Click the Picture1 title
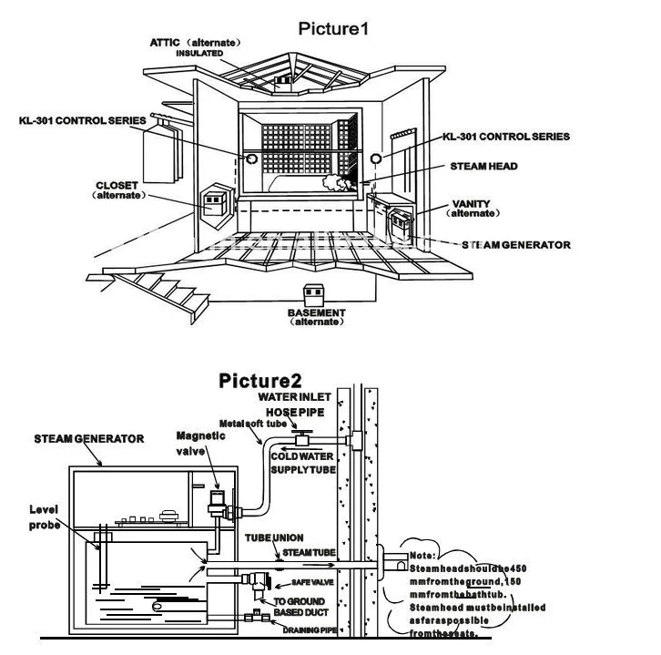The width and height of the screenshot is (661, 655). click(x=333, y=27)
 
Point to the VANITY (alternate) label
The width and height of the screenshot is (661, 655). click(x=471, y=209)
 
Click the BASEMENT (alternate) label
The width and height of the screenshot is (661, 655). click(x=318, y=317)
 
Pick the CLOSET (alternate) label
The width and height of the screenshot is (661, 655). click(x=117, y=189)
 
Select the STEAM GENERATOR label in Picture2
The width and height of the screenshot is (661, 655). click(x=89, y=438)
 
